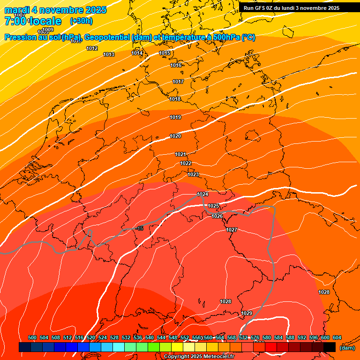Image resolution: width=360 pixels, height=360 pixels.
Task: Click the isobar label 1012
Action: [x=92, y=49]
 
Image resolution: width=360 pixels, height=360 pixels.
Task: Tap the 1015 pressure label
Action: [x=165, y=53]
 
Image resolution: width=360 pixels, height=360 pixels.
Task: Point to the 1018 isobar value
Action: [x=175, y=99]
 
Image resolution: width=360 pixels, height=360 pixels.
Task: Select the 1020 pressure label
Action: [x=175, y=136]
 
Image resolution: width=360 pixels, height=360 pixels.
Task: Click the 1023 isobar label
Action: [x=193, y=175]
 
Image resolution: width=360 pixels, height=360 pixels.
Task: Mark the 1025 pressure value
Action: [x=213, y=206]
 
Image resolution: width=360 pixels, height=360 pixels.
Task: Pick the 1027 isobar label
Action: [x=232, y=230]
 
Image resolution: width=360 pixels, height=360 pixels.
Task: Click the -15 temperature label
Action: [x=139, y=228]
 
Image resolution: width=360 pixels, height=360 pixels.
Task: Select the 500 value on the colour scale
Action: [x=32, y=338]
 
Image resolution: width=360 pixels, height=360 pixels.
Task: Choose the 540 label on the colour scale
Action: [x=150, y=338]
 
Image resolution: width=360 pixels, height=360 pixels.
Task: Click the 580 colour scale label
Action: [x=267, y=338]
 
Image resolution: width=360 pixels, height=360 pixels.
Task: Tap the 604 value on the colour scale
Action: [x=337, y=338]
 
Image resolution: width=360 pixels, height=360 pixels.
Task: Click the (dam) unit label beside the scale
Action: [x=347, y=348]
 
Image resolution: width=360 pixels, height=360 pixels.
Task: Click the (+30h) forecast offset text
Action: [x=81, y=21]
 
